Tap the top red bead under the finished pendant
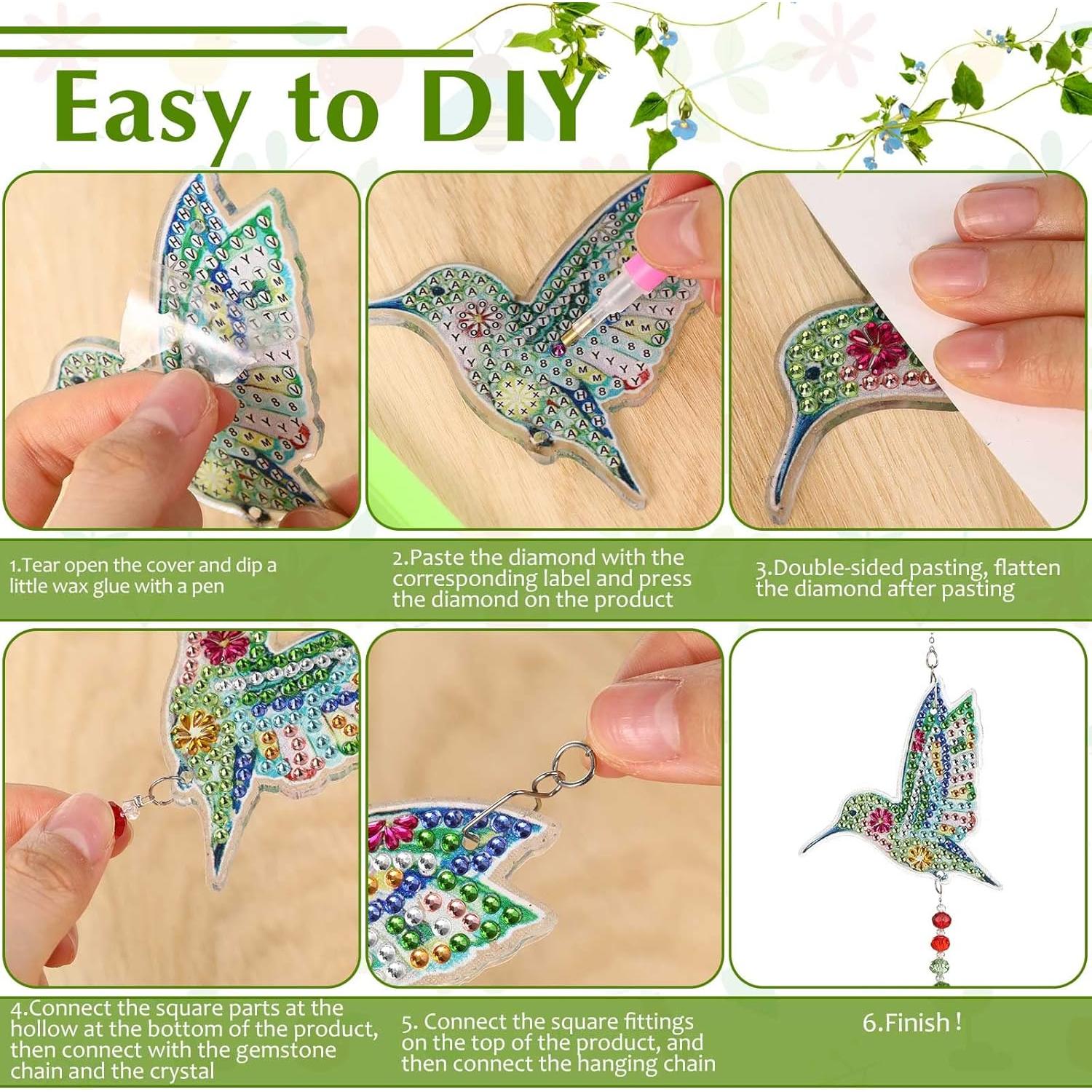[941, 919]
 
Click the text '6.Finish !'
[911, 1023]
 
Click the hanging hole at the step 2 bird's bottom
[538, 436]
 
